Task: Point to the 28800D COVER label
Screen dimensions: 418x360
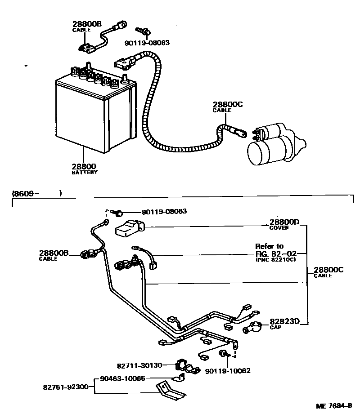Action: click(x=284, y=224)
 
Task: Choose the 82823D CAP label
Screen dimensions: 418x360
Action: click(x=284, y=324)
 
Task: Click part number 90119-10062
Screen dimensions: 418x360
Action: click(x=227, y=371)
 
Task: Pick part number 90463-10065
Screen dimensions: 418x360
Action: click(x=122, y=378)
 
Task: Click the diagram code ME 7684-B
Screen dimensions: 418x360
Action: click(x=333, y=406)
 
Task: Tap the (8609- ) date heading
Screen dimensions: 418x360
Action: click(x=36, y=194)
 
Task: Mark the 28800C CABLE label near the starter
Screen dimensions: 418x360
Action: click(x=228, y=107)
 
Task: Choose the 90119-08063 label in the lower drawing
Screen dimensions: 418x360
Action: click(x=164, y=211)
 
